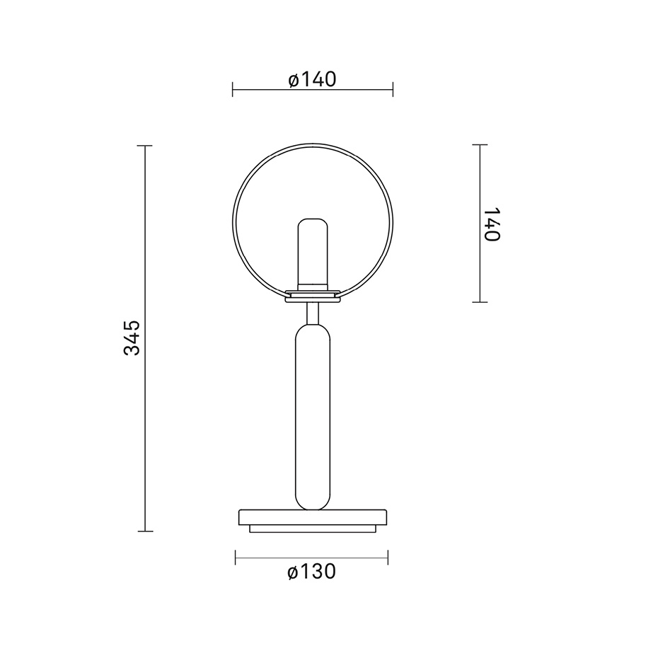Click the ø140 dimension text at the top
(312, 79)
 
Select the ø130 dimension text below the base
(312, 572)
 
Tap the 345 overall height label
(132, 337)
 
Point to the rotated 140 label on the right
(492, 224)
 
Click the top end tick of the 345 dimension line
(145, 146)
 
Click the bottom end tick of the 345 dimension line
(145, 531)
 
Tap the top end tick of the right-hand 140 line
(480, 145)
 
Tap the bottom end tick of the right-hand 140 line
(480, 302)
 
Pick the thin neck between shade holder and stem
(312, 312)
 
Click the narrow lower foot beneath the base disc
(312, 529)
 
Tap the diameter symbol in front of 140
(294, 80)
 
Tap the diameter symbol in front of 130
(294, 572)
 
